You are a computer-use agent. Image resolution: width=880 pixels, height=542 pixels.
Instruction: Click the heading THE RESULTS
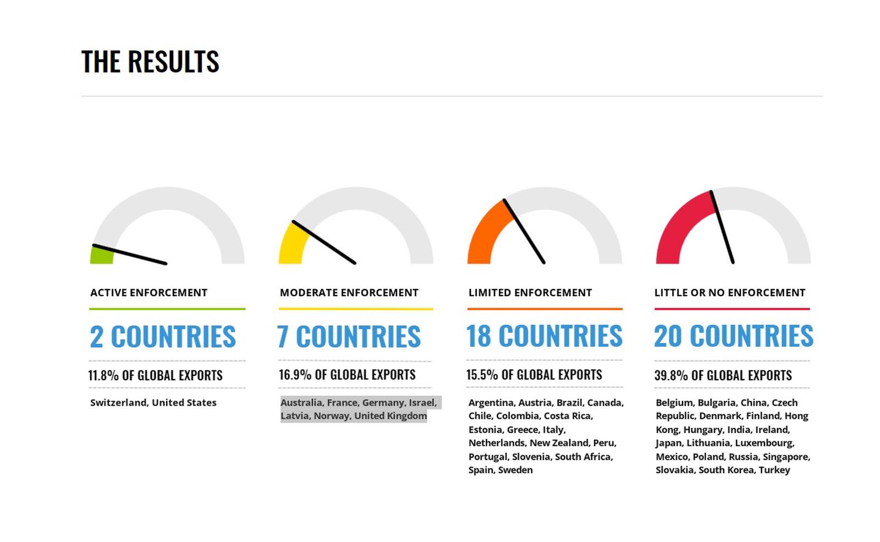coord(150,62)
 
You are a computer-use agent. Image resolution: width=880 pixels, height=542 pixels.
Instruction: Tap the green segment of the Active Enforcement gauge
coord(102,255)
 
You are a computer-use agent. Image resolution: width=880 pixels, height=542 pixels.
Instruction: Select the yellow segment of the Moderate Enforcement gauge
coord(293,244)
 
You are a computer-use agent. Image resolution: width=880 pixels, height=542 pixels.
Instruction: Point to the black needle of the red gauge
coord(722,227)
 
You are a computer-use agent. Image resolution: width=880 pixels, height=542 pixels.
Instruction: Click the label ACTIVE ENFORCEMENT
coord(148,292)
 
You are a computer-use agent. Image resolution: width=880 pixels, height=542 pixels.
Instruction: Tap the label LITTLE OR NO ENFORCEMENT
coord(729,292)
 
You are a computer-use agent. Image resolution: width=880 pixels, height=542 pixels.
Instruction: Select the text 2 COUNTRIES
coord(163,336)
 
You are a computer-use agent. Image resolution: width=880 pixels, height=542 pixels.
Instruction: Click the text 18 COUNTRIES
coord(544,336)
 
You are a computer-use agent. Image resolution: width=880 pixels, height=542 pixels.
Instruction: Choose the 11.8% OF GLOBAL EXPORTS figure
coord(155,375)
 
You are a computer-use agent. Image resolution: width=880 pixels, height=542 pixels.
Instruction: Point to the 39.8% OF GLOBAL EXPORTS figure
coord(723,375)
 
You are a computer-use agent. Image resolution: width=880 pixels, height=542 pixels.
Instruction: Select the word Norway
coord(332,416)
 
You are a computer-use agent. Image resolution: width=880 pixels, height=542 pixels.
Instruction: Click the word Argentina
coord(492,402)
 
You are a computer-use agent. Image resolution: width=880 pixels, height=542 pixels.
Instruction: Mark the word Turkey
coord(774,470)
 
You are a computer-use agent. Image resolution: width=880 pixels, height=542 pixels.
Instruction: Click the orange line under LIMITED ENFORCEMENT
coord(545,309)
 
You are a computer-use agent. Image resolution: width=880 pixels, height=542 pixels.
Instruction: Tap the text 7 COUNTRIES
coord(349,336)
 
